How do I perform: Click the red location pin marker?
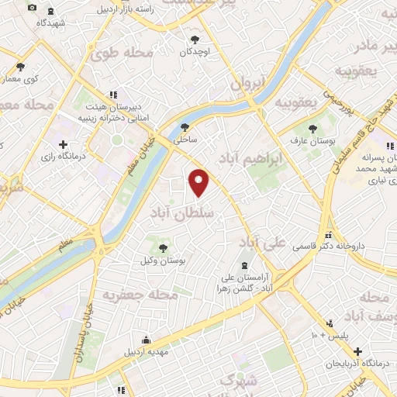pyautogui.click(x=199, y=181)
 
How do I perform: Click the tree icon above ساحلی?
pyautogui.click(x=185, y=128)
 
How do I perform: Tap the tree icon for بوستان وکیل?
pyautogui.click(x=163, y=248)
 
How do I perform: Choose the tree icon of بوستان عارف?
pyautogui.click(x=312, y=129)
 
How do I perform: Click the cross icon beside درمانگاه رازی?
pyautogui.click(x=63, y=144)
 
